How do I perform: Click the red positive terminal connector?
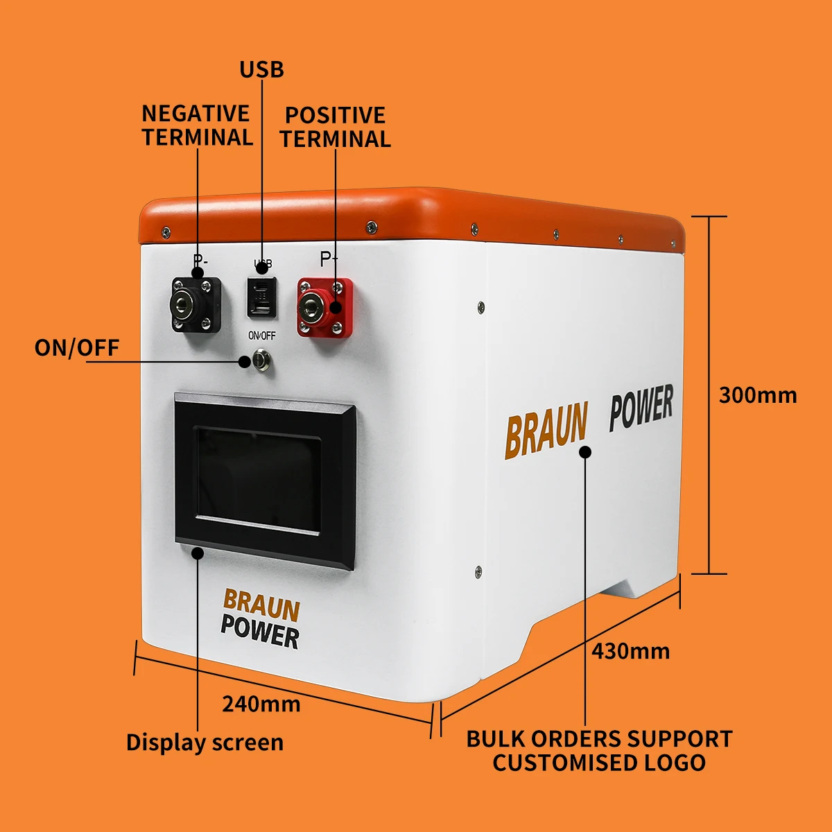click(x=324, y=307)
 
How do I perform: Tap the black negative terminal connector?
click(x=196, y=304)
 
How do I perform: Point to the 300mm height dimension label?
click(x=758, y=395)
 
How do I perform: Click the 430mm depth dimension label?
click(x=630, y=652)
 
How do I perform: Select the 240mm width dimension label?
click(x=261, y=704)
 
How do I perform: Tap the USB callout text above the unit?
click(x=261, y=70)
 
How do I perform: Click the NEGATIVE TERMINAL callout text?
click(x=197, y=125)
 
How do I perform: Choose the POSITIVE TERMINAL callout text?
click(x=336, y=127)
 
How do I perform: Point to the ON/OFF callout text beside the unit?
click(x=77, y=347)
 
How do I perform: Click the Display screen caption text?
click(x=205, y=743)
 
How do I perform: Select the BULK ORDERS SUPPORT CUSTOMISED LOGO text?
click(x=599, y=751)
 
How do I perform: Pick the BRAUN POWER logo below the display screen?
click(x=261, y=620)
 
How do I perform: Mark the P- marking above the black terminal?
click(x=200, y=261)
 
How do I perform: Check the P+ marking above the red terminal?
click(x=329, y=259)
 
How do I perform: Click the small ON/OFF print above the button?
click(x=262, y=336)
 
